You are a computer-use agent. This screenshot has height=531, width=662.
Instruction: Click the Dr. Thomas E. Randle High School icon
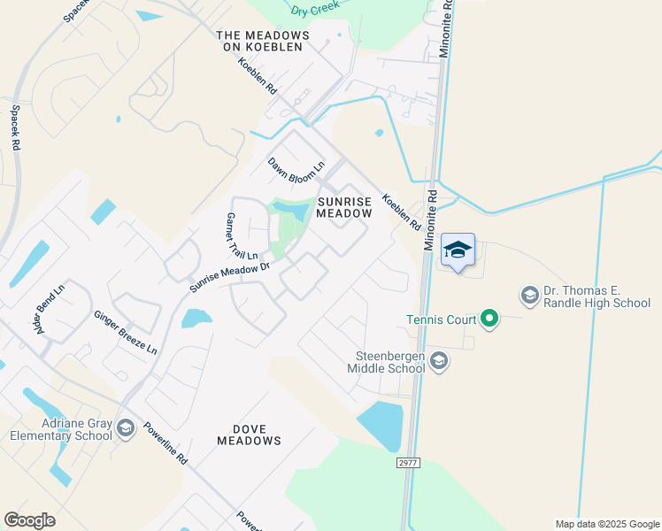[529, 295]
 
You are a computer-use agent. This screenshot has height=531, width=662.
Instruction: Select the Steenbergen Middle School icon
[440, 360]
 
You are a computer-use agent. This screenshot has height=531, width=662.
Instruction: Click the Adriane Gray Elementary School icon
[125, 428]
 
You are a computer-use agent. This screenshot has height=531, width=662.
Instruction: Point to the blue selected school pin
[458, 250]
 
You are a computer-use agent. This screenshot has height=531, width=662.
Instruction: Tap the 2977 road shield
[408, 463]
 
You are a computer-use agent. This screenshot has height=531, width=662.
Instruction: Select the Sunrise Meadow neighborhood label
[344, 208]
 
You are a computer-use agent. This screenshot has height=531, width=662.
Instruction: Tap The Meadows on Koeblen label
[263, 41]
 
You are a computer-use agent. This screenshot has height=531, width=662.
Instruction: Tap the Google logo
[29, 519]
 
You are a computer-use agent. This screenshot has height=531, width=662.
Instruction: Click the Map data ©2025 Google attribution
[606, 524]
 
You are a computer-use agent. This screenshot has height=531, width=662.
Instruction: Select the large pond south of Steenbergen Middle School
[381, 426]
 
